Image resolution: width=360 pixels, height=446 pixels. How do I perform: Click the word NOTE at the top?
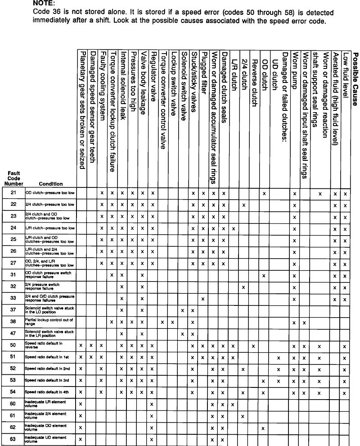[44, 3]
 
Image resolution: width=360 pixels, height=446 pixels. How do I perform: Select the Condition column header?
[51, 184]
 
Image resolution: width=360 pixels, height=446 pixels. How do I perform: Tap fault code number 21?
[13, 192]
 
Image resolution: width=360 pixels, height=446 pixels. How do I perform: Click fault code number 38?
[13, 322]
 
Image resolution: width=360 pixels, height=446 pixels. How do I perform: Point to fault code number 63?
[13, 439]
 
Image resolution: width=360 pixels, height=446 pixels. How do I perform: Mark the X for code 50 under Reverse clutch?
[254, 346]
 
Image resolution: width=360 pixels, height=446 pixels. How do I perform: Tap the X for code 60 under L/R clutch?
[233, 404]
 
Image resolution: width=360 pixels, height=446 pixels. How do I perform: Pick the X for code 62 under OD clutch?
[264, 428]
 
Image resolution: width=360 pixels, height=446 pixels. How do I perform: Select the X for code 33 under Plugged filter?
[203, 299]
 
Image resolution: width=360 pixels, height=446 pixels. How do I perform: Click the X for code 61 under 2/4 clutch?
[243, 416]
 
